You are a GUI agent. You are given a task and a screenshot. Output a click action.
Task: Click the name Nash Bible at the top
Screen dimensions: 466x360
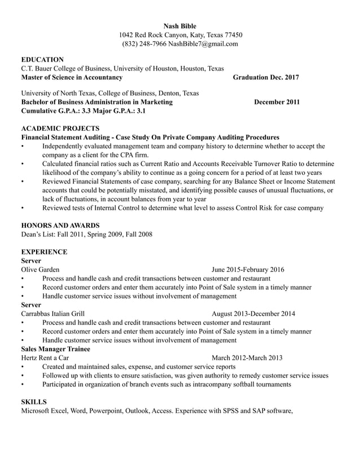point(179,25)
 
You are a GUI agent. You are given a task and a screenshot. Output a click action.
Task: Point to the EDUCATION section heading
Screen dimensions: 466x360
point(42,59)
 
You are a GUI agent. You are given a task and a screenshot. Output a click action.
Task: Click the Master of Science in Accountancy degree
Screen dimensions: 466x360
point(71,77)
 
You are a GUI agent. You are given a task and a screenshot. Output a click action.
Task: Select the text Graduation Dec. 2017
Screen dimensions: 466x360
point(266,77)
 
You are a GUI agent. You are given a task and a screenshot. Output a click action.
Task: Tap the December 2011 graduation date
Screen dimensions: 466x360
point(276,102)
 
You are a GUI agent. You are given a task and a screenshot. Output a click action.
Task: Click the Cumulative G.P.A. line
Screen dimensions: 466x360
point(83,111)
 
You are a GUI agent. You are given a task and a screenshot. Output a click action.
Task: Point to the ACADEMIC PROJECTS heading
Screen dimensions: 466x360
point(58,128)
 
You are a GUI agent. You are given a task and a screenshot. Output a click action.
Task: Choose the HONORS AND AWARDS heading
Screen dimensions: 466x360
point(60,225)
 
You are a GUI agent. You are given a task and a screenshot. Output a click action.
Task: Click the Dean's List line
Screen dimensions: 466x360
point(86,234)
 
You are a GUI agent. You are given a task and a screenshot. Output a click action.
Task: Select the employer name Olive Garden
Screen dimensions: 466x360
point(40,270)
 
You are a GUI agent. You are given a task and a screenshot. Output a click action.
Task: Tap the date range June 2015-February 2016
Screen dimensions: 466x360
point(248,270)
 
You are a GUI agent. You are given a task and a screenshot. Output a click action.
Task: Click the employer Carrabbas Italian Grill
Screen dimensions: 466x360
point(53,314)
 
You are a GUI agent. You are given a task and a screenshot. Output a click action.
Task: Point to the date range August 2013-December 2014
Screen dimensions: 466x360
point(253,314)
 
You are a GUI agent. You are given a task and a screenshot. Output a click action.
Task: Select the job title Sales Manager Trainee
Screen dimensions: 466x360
point(55,349)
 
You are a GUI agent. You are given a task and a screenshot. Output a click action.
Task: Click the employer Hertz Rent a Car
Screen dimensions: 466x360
point(45,358)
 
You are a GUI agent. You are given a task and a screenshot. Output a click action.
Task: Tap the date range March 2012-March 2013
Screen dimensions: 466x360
point(247,358)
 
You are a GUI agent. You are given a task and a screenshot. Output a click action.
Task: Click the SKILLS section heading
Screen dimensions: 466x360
point(34,402)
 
